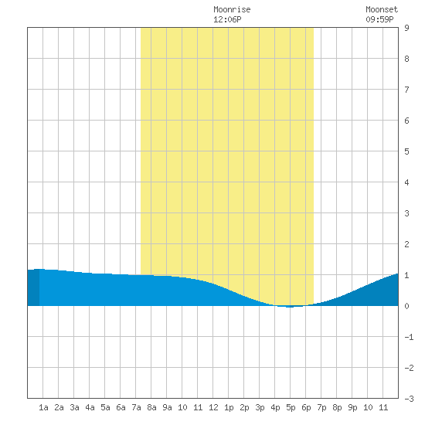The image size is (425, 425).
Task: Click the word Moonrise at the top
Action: coord(232,9)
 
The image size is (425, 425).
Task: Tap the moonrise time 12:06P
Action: coord(227,19)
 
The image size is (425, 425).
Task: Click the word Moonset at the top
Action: coord(382,9)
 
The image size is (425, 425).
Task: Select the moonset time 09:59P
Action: coord(379,19)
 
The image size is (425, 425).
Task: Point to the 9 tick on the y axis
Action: coord(406,28)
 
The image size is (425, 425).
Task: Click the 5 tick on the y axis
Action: coord(406,151)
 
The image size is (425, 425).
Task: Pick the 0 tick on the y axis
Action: coord(406,306)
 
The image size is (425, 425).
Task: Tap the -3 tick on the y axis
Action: coord(409,399)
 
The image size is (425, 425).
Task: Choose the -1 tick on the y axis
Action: coord(409,337)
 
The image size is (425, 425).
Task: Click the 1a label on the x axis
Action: coord(43,407)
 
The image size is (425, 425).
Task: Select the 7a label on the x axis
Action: coord(136,407)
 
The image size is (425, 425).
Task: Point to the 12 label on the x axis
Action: coord(213,407)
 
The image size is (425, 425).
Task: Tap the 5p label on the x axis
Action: coord(291,407)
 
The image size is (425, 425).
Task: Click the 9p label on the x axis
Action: coord(352,407)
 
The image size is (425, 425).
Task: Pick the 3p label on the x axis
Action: coord(260,407)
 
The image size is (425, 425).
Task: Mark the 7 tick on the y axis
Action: coord(406,90)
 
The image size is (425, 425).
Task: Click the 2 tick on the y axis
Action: coord(406,244)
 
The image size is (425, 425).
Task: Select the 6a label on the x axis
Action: coord(121,407)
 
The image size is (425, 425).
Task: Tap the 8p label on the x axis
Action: coord(337,407)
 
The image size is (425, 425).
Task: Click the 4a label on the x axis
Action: coord(90,407)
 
